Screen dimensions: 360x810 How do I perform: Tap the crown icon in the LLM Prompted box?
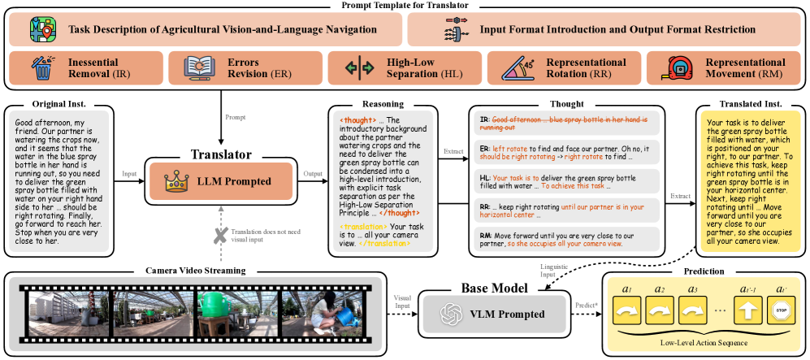[175, 181]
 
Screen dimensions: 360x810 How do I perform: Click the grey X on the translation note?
[219, 236]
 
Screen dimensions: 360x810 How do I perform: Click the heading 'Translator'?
[220, 154]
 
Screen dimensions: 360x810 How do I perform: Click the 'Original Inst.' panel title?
[59, 105]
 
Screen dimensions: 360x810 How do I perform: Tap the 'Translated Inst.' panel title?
[752, 105]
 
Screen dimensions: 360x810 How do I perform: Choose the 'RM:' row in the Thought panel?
[565, 240]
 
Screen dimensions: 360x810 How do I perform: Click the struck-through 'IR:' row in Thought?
[565, 124]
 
